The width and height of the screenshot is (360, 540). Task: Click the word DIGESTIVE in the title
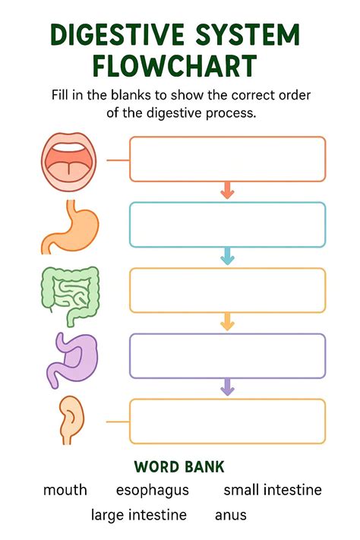pos(117,34)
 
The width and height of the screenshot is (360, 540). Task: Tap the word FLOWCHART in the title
pos(175,66)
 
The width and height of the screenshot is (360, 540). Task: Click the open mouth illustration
pos(69,162)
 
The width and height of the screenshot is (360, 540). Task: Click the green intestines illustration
pos(71,295)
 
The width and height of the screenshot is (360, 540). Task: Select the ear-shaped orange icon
pos(71,421)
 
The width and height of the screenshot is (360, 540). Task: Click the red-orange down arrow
pos(227,190)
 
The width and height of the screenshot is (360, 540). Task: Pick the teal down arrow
pos(227,256)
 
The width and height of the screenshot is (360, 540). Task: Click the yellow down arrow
pos(227,322)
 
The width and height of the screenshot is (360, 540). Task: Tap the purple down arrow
pos(227,387)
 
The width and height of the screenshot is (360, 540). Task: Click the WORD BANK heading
pos(179,467)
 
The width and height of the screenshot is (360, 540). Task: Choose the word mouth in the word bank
pos(65,490)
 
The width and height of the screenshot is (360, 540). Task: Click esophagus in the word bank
pos(153,491)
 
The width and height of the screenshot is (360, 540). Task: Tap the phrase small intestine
pos(273,489)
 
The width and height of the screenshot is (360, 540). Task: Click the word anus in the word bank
pos(231,516)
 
